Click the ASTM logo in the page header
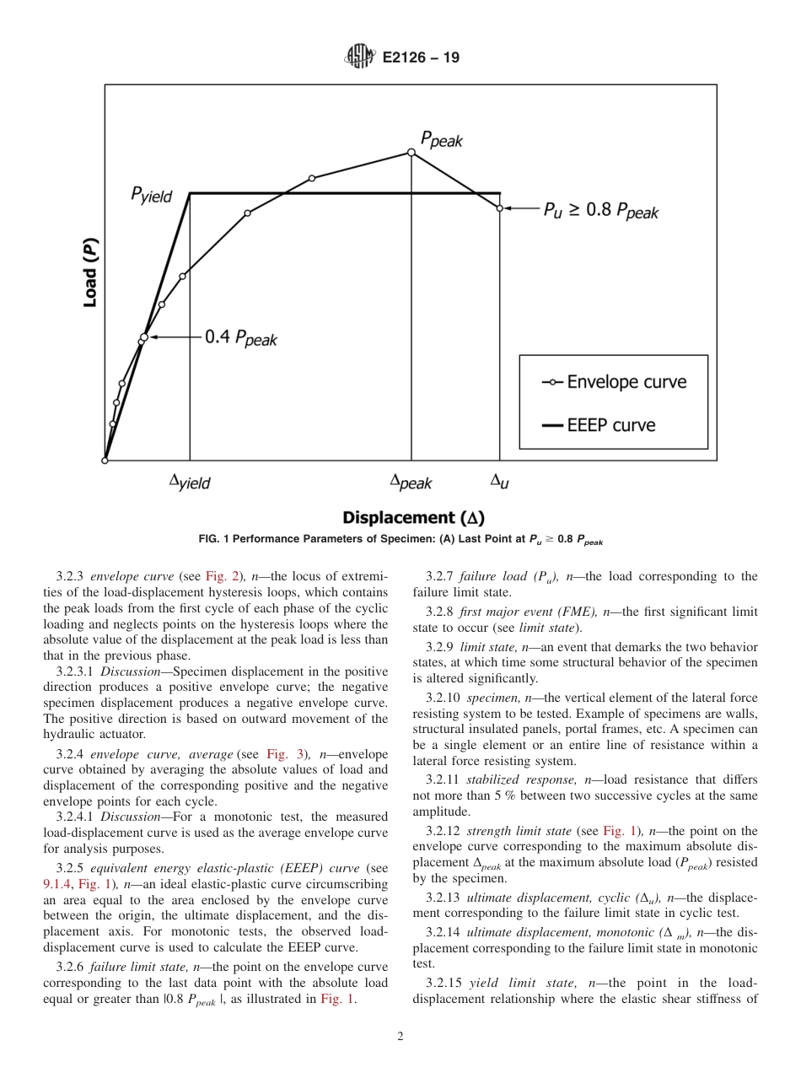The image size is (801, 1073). pyautogui.click(x=359, y=57)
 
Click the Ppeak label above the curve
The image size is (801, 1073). pyautogui.click(x=441, y=140)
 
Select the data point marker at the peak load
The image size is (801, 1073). pyautogui.click(x=411, y=153)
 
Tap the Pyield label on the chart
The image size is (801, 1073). pyautogui.click(x=152, y=195)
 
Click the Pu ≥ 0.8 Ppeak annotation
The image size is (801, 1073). pyautogui.click(x=599, y=211)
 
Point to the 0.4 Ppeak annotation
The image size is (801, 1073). pyautogui.click(x=240, y=338)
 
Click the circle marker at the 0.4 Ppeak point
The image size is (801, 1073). pyautogui.click(x=143, y=337)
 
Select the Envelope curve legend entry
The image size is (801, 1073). pyautogui.click(x=614, y=382)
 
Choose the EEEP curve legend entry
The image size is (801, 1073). pyautogui.click(x=599, y=425)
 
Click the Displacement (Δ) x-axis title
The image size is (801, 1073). pyautogui.click(x=412, y=517)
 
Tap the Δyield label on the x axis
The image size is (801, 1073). pyautogui.click(x=190, y=483)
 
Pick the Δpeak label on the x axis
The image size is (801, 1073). pyautogui.click(x=411, y=483)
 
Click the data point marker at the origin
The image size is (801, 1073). pyautogui.click(x=105, y=461)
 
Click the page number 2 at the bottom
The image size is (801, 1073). pyautogui.click(x=400, y=1038)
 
